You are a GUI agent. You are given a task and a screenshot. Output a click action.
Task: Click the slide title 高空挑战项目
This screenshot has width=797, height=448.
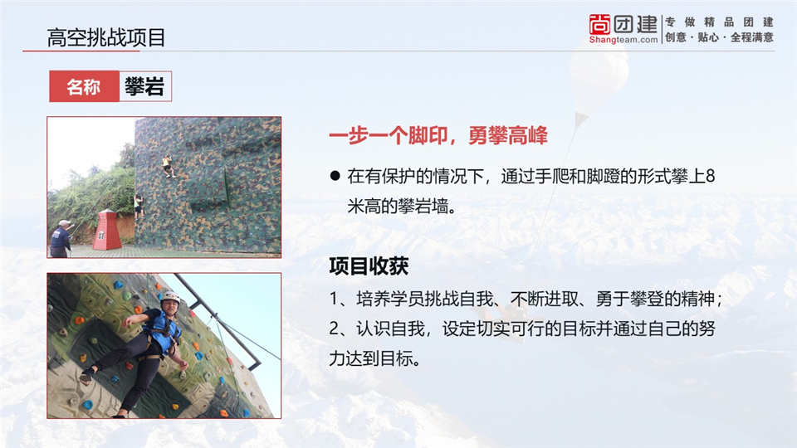(106, 37)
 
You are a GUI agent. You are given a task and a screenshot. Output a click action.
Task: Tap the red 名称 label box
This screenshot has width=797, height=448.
(85, 86)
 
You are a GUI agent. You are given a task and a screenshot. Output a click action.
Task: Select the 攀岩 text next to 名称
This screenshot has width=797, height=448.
(144, 86)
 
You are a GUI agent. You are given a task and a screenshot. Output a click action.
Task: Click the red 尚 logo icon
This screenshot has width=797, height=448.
(599, 24)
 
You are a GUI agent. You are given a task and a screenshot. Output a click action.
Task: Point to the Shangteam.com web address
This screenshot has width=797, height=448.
(623, 40)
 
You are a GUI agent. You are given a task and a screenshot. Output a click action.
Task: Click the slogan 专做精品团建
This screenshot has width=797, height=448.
(719, 22)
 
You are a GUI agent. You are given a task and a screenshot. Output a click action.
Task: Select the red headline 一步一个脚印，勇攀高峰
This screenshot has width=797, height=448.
(438, 135)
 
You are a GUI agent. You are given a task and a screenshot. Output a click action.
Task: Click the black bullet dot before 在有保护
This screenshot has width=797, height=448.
(335, 176)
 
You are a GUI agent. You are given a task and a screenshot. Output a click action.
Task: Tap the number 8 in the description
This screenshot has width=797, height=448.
(710, 176)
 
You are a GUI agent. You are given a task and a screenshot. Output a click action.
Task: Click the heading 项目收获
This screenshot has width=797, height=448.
(369, 266)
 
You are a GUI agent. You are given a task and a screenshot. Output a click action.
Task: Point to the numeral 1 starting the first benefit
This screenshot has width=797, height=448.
(334, 299)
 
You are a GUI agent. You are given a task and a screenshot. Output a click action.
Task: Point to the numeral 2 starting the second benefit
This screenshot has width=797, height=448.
(334, 329)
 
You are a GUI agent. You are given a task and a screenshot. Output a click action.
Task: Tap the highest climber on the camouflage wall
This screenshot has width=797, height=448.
(167, 167)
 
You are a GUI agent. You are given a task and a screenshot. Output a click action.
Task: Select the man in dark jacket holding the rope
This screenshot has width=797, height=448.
(61, 239)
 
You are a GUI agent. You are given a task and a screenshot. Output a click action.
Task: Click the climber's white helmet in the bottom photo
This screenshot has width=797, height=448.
(170, 296)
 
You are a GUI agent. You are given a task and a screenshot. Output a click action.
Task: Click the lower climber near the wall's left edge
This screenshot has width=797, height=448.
(139, 207)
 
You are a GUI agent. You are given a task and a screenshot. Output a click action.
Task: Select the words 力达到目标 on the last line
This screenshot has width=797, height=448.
(370, 358)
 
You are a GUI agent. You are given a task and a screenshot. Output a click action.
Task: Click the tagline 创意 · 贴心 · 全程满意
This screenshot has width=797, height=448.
(719, 37)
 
